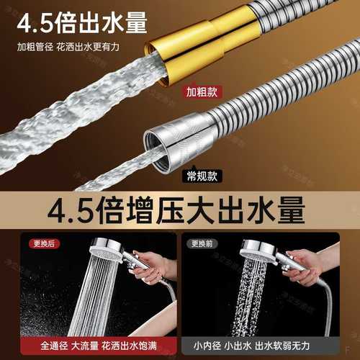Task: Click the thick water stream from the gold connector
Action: click(72, 101)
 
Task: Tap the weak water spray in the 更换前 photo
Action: click(256, 295)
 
